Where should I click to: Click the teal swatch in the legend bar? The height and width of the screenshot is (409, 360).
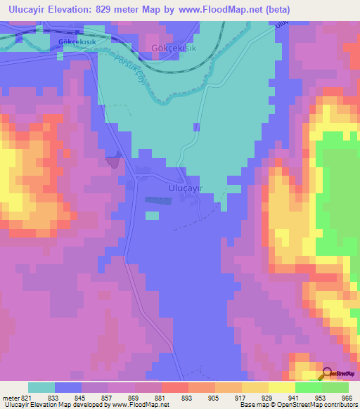click(x=41, y=387)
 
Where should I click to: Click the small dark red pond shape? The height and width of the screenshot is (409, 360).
click(x=113, y=161)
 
